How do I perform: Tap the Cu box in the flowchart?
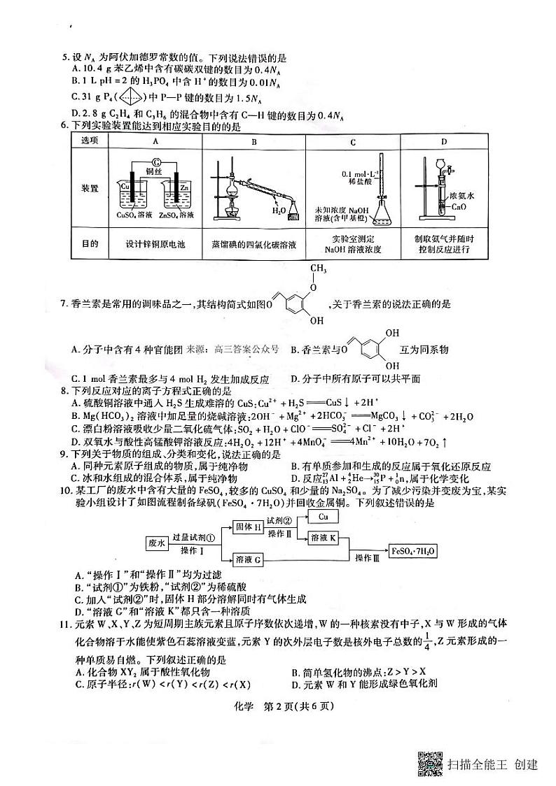(x=323, y=517)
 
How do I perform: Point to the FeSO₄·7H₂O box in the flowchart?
(x=415, y=550)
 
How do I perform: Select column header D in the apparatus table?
(x=443, y=142)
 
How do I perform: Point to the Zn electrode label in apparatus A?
(x=184, y=187)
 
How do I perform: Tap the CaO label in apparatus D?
(x=459, y=207)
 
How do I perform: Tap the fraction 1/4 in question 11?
(x=472, y=638)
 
